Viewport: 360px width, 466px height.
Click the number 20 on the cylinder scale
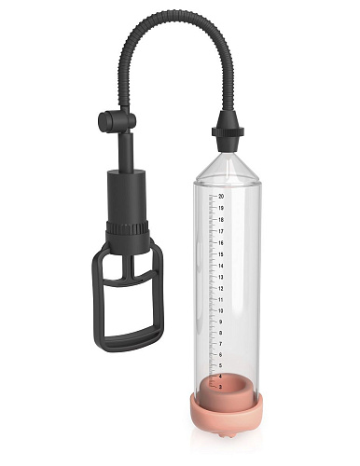[x=221, y=197]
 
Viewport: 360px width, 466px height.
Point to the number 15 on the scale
[x=221, y=254]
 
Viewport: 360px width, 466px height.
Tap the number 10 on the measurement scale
[x=221, y=310]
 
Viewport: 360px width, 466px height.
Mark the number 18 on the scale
[x=221, y=220]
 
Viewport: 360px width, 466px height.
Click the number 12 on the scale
[x=221, y=288]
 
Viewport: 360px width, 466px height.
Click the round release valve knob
[x=106, y=121]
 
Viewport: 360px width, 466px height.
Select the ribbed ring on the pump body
[x=128, y=226]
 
